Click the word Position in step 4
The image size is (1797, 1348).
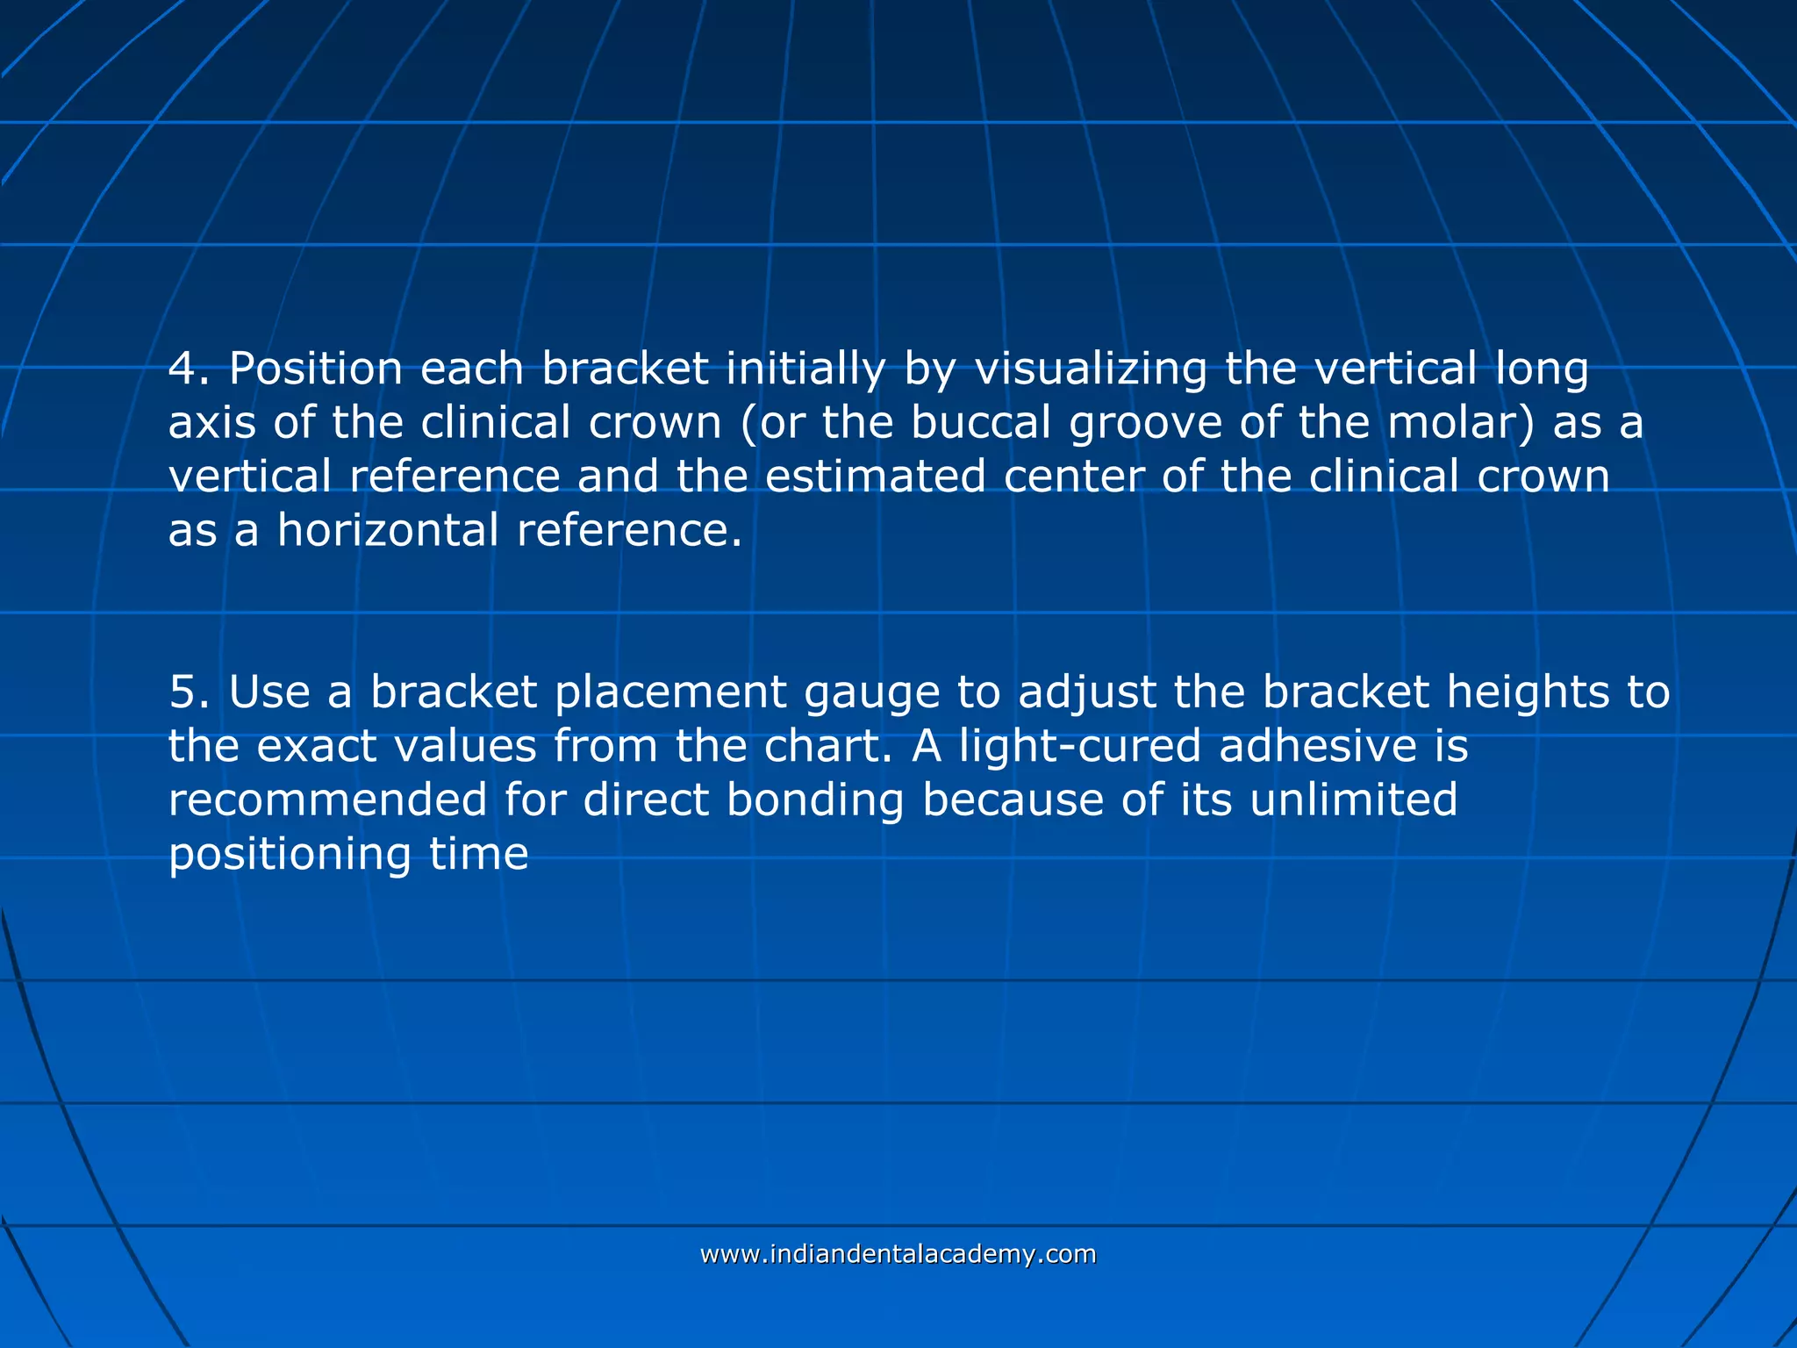(315, 369)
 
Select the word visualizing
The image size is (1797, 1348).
(1091, 369)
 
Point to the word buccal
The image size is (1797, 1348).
(980, 423)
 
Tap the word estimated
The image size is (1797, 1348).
(875, 477)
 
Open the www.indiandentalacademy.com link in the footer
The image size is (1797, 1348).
(898, 1254)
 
